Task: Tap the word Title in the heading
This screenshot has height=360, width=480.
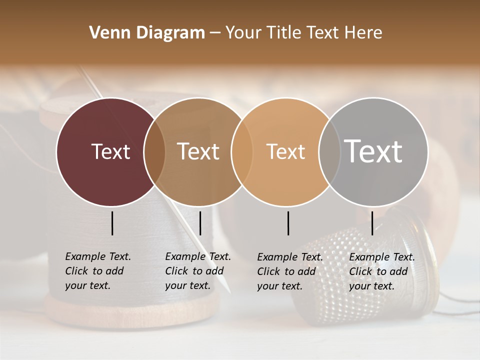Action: coord(283,33)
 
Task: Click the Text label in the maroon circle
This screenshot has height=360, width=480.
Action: coord(110,151)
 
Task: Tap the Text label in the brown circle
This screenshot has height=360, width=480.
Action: coord(198,151)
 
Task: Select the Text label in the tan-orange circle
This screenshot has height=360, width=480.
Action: coord(285,151)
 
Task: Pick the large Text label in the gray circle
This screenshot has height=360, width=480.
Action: coord(373,151)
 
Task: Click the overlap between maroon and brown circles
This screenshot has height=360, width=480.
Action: coord(154,151)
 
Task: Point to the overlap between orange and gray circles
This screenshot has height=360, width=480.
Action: coord(328,151)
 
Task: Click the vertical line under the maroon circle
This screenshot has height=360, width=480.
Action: coord(112,223)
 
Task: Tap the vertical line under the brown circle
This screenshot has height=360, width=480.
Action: coord(200,223)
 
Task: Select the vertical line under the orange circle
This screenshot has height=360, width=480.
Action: coord(288,223)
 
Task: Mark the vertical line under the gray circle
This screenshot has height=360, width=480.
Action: coord(372,223)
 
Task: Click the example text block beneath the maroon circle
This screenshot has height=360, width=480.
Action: coord(97,271)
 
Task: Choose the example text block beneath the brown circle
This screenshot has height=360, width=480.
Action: coord(197,271)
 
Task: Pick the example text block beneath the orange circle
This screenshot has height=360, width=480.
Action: coord(289,271)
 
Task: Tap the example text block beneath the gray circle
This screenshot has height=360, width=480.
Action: coord(381,271)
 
